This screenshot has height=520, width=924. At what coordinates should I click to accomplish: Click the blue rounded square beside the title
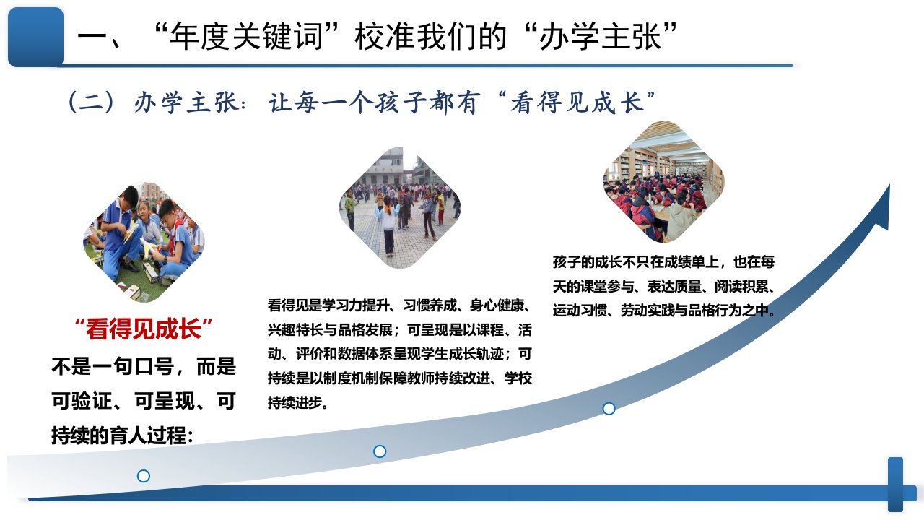click(x=36, y=37)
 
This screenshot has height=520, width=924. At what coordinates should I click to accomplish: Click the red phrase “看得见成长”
click(x=144, y=329)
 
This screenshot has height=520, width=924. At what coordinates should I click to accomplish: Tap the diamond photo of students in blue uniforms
click(x=144, y=242)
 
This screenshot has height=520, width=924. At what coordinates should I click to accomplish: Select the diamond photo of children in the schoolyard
click(x=400, y=207)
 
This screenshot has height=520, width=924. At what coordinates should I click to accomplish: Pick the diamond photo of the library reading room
click(x=663, y=181)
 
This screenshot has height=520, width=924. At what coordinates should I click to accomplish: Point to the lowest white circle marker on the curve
click(x=144, y=476)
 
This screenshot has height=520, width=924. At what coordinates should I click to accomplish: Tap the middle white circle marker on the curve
click(x=380, y=451)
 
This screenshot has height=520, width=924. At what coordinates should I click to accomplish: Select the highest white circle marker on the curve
click(x=609, y=409)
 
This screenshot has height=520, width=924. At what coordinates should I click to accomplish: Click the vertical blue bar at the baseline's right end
click(x=896, y=485)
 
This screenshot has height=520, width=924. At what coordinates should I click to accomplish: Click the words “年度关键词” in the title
click(x=246, y=37)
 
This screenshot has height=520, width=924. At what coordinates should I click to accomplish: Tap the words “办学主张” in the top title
click(x=600, y=37)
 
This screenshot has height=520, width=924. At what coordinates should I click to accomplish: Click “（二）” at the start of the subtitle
click(x=91, y=102)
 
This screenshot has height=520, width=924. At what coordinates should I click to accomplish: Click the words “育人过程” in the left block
click(x=147, y=435)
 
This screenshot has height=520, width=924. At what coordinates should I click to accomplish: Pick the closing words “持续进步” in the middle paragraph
click(x=295, y=402)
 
